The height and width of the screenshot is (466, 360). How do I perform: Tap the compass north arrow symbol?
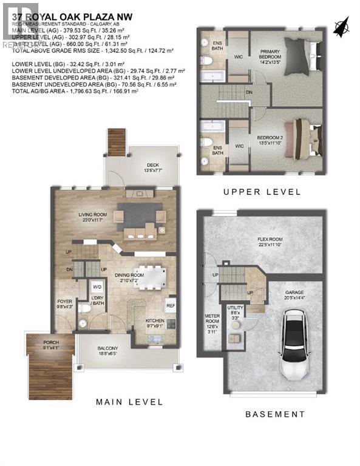click(342, 26)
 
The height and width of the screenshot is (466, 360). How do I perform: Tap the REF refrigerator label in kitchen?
click(171, 306)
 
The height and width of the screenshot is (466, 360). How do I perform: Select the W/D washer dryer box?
click(97, 287)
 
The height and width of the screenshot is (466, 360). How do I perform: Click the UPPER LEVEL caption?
click(262, 192)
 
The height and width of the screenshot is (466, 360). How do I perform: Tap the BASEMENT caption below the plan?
click(275, 414)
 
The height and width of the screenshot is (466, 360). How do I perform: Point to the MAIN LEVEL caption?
click(129, 402)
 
